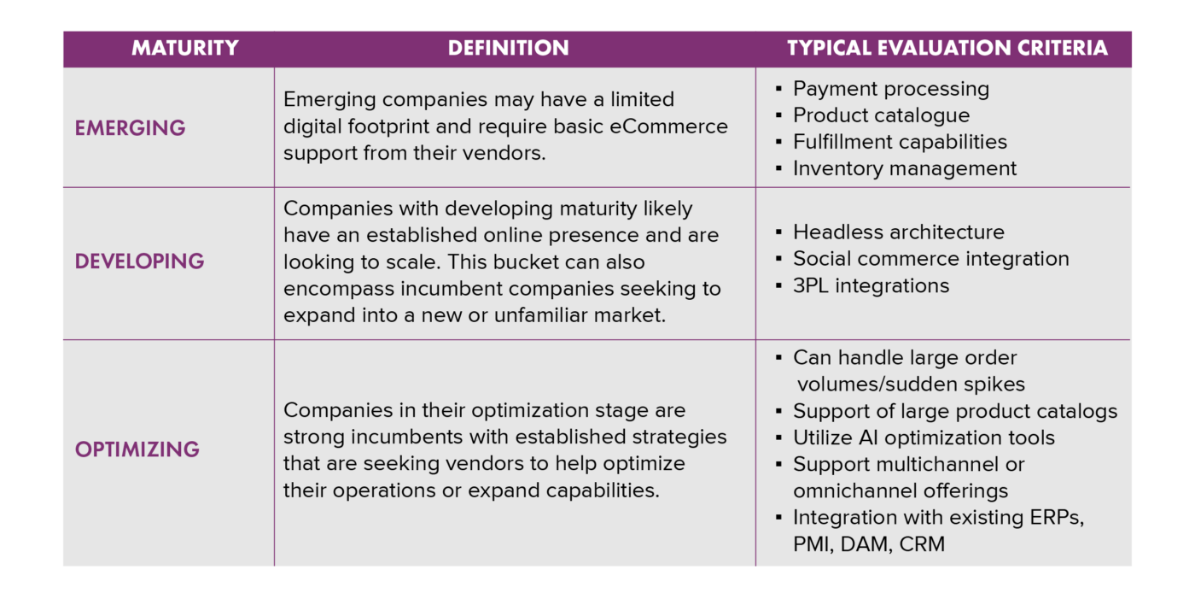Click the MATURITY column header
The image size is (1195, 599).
184,48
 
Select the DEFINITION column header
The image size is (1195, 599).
508,48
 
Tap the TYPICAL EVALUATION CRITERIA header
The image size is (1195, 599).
947,48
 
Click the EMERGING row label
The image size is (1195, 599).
130,128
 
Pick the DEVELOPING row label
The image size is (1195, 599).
139,261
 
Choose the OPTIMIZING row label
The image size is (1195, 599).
137,449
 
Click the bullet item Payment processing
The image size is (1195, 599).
890,89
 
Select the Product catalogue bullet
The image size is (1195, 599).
881,115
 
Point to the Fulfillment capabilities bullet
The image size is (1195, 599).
900,142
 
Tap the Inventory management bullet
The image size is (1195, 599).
904,168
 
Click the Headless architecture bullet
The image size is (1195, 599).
898,232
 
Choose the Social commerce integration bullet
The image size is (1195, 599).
930,258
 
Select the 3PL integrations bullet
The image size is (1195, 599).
871,285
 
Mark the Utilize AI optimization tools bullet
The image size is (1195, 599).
924,438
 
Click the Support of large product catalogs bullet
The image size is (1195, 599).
954,411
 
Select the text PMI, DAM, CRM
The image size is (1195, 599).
868,544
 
